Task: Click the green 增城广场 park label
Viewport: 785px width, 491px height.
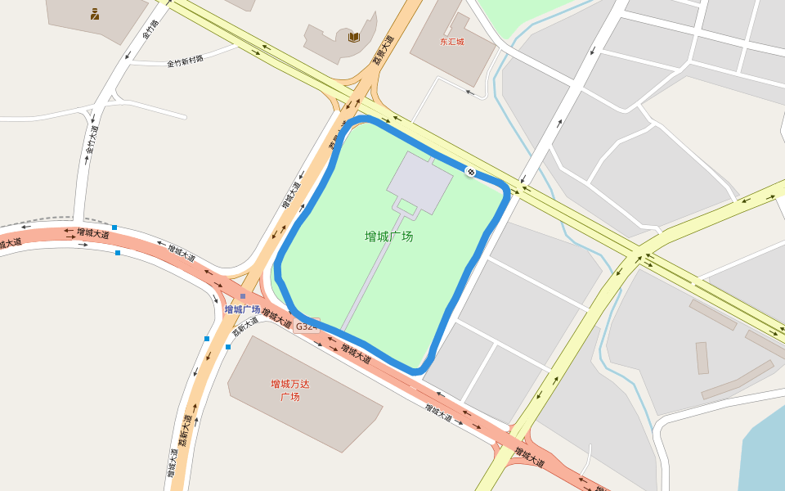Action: pyautogui.click(x=388, y=236)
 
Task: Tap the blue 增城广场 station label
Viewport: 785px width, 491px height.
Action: pyautogui.click(x=242, y=309)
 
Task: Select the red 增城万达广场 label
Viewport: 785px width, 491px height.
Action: pyautogui.click(x=290, y=390)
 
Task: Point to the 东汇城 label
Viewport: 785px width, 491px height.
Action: pyautogui.click(x=451, y=41)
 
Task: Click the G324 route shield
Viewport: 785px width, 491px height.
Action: pyautogui.click(x=306, y=326)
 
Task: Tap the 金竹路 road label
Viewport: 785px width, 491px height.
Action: pyautogui.click(x=150, y=29)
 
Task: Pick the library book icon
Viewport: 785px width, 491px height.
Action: pyautogui.click(x=353, y=37)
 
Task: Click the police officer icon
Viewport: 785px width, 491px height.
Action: pyautogui.click(x=95, y=13)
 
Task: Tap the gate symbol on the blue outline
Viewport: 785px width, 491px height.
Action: pyautogui.click(x=470, y=171)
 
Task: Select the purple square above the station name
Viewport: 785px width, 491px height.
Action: pyautogui.click(x=243, y=296)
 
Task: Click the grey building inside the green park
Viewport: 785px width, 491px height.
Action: pyautogui.click(x=419, y=182)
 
